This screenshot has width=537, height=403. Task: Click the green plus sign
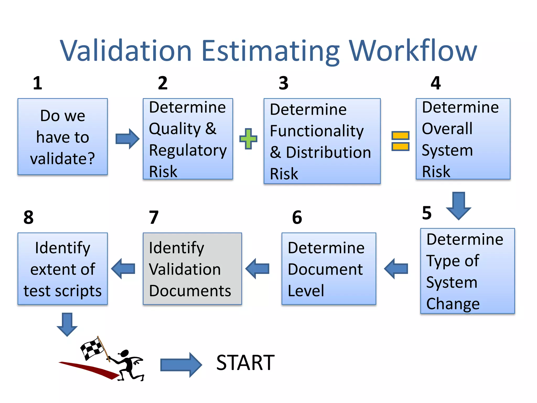(x=248, y=139)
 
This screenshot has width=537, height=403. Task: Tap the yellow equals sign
(x=400, y=141)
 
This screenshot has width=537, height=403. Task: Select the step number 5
(x=427, y=213)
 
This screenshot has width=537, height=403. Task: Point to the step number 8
(x=28, y=217)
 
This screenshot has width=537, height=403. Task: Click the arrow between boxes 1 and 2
(x=127, y=139)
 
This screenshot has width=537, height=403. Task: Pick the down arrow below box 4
(x=459, y=205)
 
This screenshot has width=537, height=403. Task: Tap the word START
(x=245, y=363)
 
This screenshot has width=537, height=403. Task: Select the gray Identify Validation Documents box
(x=192, y=269)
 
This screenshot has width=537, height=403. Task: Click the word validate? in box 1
(x=62, y=159)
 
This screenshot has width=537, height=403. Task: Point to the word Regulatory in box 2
(x=188, y=150)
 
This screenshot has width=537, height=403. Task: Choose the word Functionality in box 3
(x=317, y=131)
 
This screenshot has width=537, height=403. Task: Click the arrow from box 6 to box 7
(x=257, y=269)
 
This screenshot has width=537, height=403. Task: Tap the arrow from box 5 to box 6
(x=396, y=269)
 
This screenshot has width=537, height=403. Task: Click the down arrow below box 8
(x=67, y=324)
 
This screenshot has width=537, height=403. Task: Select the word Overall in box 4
(x=447, y=129)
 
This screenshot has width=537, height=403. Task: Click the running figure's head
(x=125, y=353)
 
